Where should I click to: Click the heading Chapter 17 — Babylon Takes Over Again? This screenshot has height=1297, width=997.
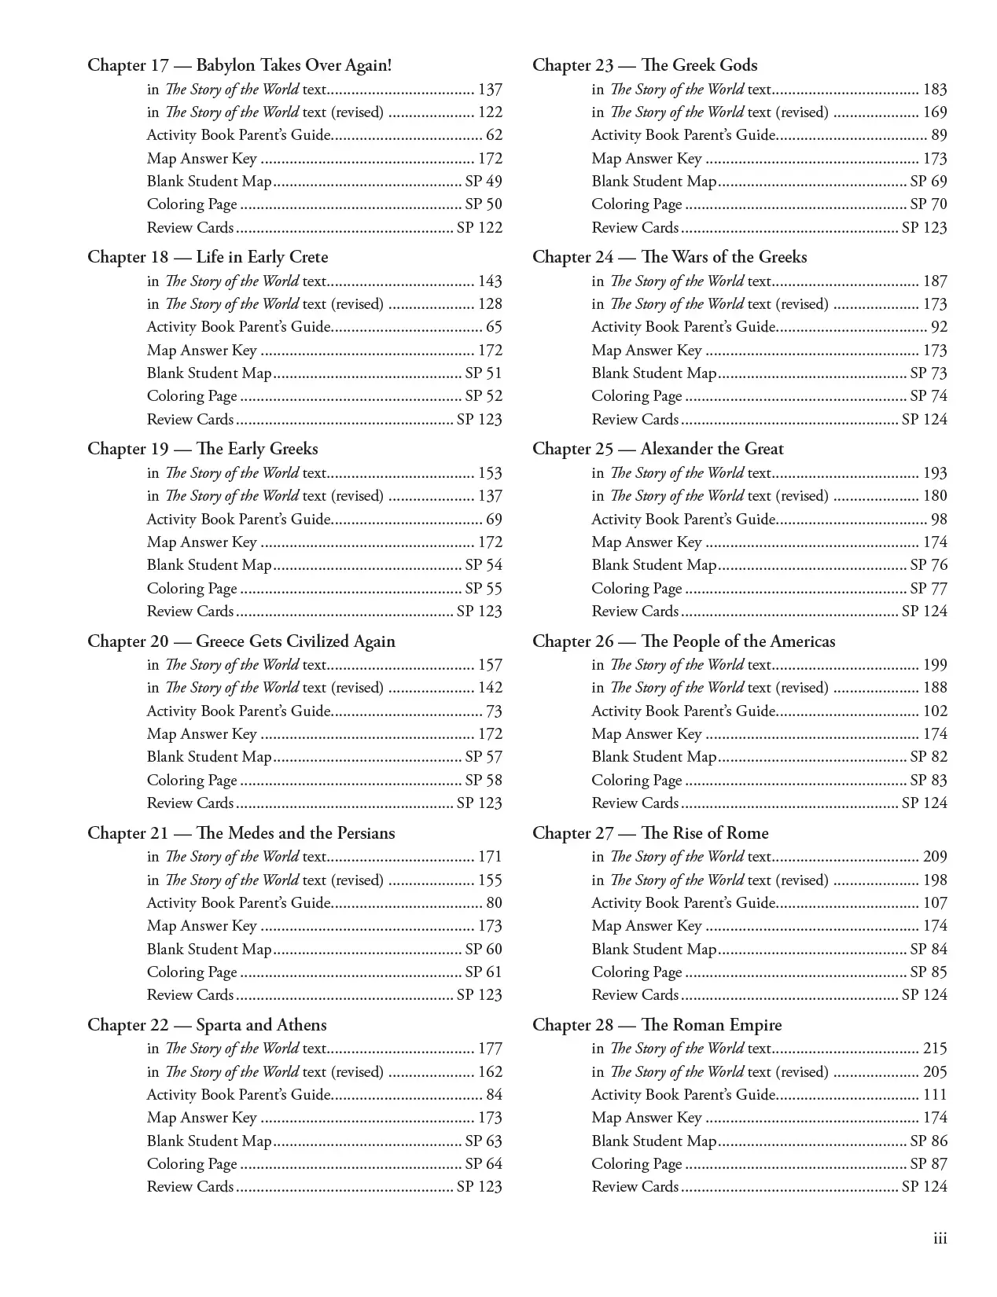coord(239,65)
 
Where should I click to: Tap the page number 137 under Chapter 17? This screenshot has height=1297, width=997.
coord(490,90)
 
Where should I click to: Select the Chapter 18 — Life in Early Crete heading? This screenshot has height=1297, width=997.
coord(208,257)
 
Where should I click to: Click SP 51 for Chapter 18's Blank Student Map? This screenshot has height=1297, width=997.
coord(483,373)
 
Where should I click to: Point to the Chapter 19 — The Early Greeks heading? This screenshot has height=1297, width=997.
coord(203,449)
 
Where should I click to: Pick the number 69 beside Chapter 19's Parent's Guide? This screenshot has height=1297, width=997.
coord(494,520)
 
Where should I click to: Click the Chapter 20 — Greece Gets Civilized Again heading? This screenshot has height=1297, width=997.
coord(241,641)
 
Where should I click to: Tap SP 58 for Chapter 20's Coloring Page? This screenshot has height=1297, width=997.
coord(483,781)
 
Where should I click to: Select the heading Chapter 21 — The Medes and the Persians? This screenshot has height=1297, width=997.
coord(241,833)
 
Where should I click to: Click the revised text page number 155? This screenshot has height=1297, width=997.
coord(490,880)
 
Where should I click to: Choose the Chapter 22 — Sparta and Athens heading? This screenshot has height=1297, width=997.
coord(207,1025)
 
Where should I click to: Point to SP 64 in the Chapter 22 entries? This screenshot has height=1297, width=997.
coord(483,1164)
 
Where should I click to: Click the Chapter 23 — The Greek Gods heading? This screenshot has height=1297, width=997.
coord(645,65)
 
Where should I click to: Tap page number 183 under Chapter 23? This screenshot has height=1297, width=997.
coord(935,90)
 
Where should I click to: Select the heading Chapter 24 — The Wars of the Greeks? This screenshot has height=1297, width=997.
coord(669,257)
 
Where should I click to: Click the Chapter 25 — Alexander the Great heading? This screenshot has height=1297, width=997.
coord(657,449)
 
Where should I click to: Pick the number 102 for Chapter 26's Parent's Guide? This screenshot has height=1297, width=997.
coord(935,711)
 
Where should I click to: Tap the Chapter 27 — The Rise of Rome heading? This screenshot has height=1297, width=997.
coord(650,833)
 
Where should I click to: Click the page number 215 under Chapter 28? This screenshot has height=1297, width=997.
coord(935,1049)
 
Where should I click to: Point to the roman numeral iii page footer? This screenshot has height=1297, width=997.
coord(940,1239)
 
